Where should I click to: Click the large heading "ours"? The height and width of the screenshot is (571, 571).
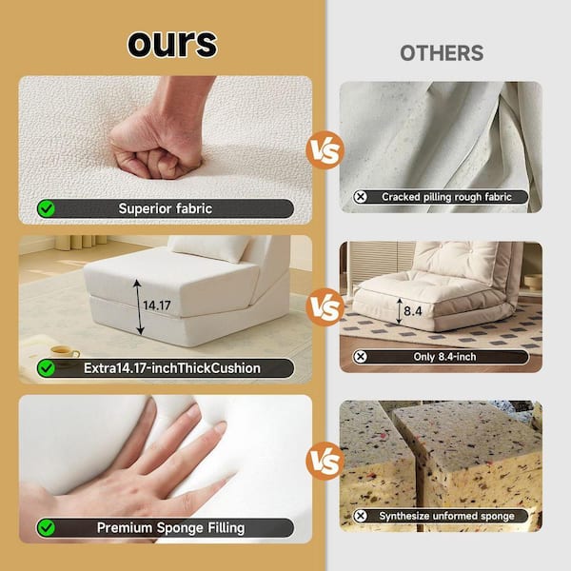172,44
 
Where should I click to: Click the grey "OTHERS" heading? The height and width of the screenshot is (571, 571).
442,53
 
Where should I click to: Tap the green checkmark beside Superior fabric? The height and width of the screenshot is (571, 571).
47,208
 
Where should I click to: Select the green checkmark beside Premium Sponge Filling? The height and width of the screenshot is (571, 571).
47,527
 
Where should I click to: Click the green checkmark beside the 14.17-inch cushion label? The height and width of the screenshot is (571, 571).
47,368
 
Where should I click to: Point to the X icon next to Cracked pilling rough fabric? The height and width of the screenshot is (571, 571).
361,197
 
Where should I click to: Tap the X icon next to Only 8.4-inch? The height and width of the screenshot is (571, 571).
361,357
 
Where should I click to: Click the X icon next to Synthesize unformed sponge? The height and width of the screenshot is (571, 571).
361,516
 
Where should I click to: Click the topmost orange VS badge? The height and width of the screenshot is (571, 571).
325,150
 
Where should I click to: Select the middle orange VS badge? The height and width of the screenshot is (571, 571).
325,307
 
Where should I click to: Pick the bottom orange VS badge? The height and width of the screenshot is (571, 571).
325,461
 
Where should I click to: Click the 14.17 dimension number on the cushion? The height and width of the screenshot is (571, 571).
157,305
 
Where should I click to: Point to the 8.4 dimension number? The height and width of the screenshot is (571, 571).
413,311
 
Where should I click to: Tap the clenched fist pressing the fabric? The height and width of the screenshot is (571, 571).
157,146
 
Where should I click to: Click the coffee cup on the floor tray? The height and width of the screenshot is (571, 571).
65,352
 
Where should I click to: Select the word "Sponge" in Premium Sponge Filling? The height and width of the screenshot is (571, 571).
180,528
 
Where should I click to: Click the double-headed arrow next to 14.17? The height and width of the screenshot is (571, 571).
138,307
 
